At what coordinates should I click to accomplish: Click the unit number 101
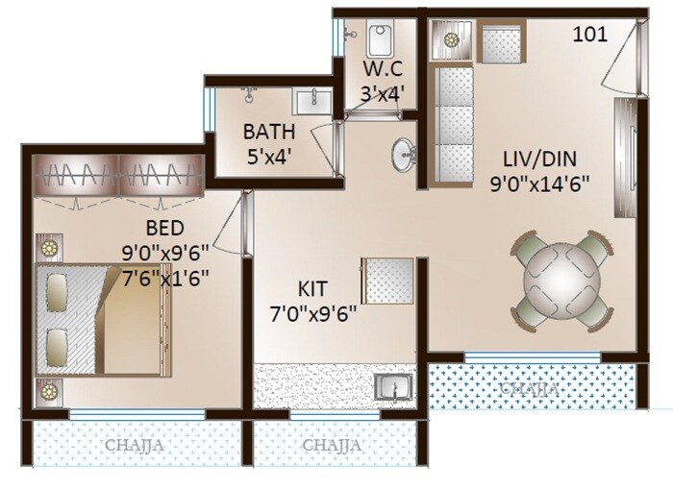click(x=589, y=36)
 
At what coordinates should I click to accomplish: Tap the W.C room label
click(x=383, y=71)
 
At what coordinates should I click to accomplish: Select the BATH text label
click(x=268, y=132)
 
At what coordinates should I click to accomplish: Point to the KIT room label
click(x=312, y=287)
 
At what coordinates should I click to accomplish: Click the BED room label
click(x=164, y=228)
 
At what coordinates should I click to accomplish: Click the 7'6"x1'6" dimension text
click(x=165, y=274)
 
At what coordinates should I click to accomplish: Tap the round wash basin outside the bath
click(x=405, y=155)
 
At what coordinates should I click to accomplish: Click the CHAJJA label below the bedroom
click(x=135, y=445)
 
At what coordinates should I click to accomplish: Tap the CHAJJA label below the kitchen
click(x=332, y=445)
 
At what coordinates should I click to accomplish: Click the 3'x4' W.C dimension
click(x=383, y=93)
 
